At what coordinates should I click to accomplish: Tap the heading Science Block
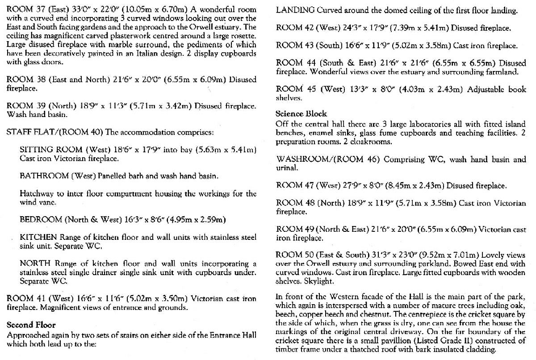click(301, 113)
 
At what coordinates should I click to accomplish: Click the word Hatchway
click(36, 194)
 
